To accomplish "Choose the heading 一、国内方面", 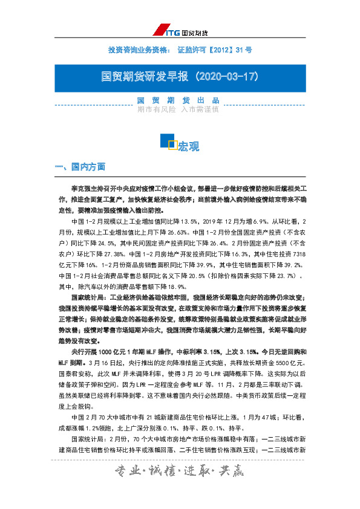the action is (80, 166).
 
